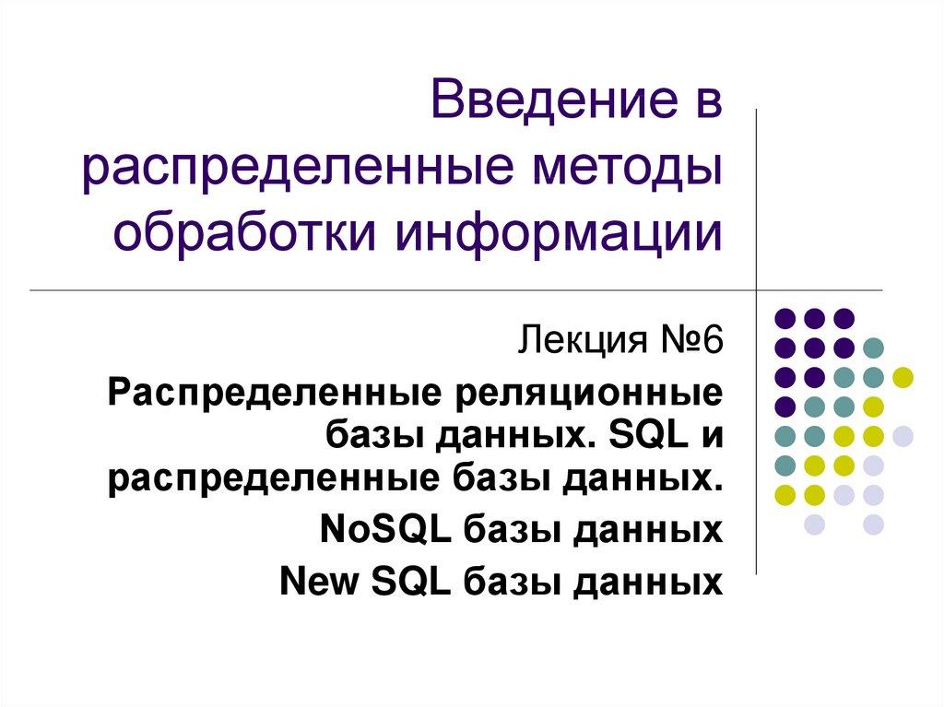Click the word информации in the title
coord(559,232)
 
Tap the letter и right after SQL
coord(711,434)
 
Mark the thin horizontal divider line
coord(369,290)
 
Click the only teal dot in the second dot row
coord(873,348)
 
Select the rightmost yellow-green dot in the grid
coord(903,376)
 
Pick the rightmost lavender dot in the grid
coord(903,435)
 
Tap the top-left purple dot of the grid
coord(785,318)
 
